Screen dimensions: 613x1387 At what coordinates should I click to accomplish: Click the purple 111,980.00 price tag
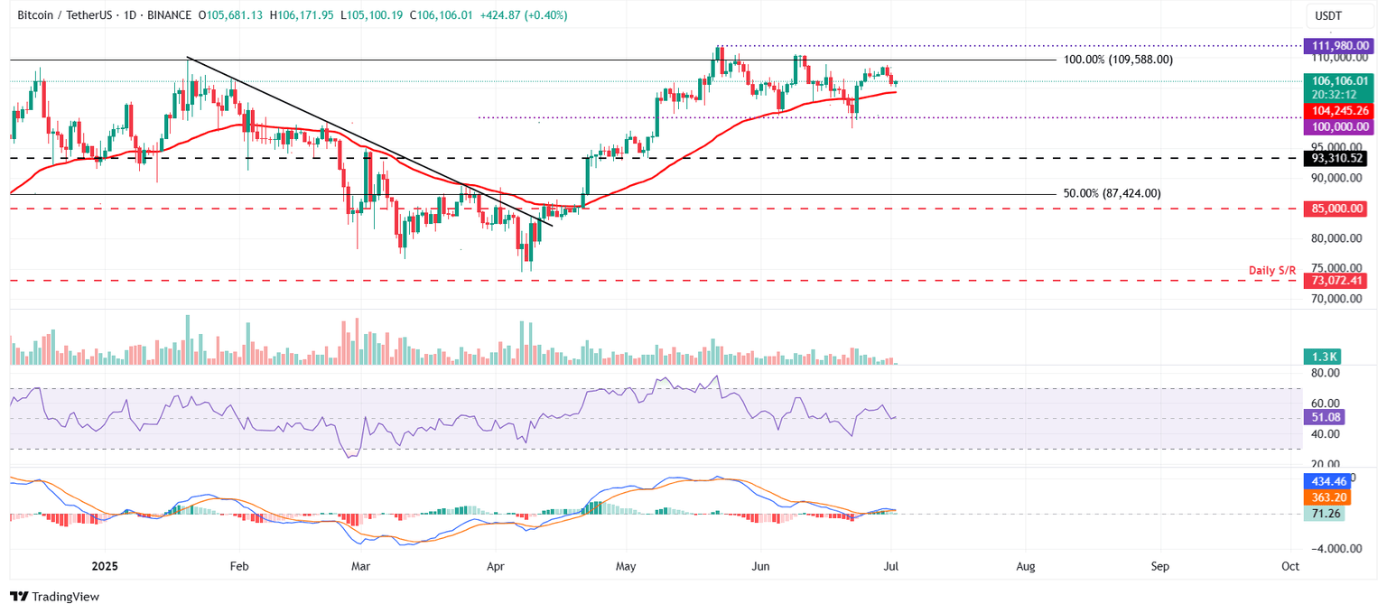[1335, 45]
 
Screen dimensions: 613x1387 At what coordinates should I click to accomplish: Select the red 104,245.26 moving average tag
[1335, 110]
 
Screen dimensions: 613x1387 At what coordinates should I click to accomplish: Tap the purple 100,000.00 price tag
[1335, 127]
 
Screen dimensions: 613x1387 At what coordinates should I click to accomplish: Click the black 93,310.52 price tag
[1335, 158]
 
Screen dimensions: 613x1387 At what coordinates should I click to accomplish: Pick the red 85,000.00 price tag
[1335, 209]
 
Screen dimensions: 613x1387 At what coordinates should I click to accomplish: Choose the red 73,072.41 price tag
[1335, 281]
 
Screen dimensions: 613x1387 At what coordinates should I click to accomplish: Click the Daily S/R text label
[1273, 270]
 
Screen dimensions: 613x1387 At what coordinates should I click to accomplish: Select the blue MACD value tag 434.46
[1325, 481]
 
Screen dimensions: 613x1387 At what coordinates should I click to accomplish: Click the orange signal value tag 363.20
[1325, 497]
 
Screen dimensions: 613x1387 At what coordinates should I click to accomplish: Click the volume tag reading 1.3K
[1319, 357]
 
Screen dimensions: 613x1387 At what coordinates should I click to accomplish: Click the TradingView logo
[54, 597]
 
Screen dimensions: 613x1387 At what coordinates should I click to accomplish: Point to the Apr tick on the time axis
[495, 567]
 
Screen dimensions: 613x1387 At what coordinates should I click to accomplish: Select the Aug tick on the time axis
[1025, 567]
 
